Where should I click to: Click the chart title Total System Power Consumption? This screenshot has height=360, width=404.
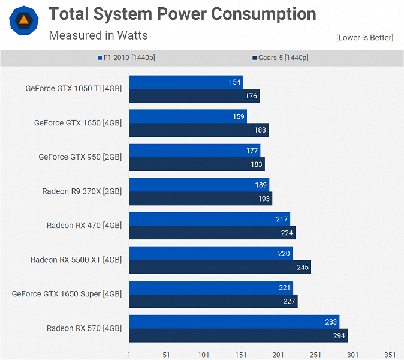coord(182,14)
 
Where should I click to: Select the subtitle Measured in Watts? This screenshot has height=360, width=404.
coord(98,35)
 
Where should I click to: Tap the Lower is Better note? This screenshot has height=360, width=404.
coord(364,38)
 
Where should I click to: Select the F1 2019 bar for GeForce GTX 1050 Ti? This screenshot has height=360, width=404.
coord(186,82)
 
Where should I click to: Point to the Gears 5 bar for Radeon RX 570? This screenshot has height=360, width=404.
coord(238,336)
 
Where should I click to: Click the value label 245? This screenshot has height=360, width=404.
coord(303,267)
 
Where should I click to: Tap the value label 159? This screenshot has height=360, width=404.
coord(239,116)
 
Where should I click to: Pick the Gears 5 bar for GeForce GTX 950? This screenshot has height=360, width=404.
coord(197,164)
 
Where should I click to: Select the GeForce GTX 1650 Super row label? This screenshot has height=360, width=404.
coord(67,294)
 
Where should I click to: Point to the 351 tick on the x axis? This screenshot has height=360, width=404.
coord(390,355)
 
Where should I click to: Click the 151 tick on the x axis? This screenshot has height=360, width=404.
coord(241,355)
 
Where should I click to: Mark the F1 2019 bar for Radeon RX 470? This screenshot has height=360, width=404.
coord(209,220)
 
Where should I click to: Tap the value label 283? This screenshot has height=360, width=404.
coord(331,322)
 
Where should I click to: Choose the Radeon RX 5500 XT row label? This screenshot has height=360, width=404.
coord(76,260)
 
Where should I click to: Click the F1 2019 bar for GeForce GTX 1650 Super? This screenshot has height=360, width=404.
coord(210,288)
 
